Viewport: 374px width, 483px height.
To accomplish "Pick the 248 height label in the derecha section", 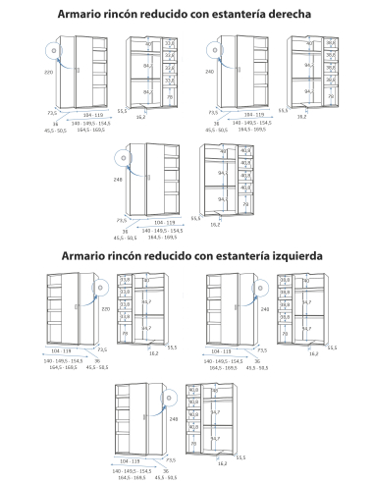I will click(118, 181).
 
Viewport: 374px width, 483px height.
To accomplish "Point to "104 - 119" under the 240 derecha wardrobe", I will click(238, 115).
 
